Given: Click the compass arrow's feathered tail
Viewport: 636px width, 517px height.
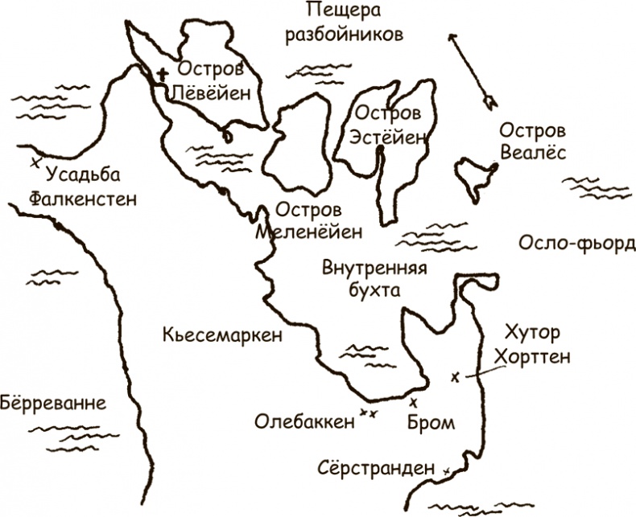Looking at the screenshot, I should click(488, 101).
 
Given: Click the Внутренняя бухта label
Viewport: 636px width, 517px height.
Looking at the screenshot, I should click(373, 279).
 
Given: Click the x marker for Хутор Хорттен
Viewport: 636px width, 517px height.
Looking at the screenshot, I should click(456, 376).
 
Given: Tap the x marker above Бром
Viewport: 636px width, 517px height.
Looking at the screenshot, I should click(414, 401).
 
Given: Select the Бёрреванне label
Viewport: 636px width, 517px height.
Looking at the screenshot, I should click(53, 402).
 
